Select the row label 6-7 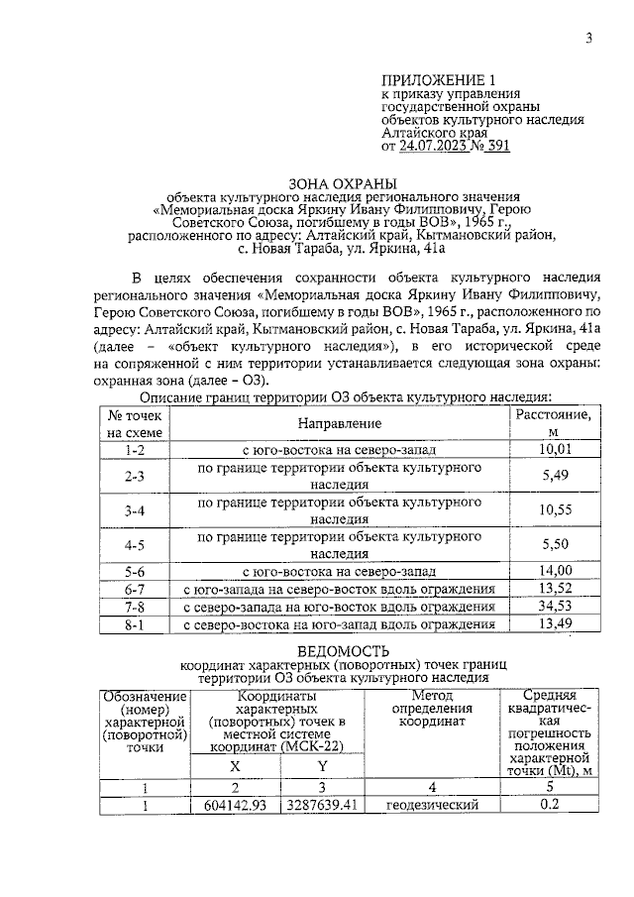136,588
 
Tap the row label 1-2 136,449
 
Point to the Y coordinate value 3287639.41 321,804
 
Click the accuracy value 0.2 549,804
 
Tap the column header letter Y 322,766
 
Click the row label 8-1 136,623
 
